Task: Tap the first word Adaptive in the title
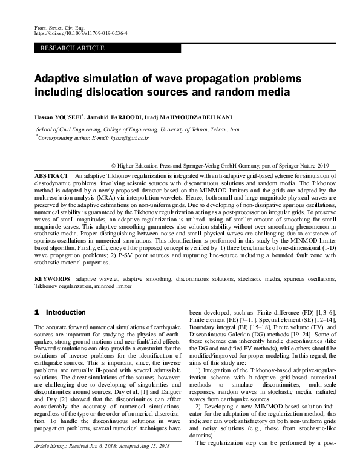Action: [59, 79]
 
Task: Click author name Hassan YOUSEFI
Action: [59, 116]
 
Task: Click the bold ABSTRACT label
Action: [51, 174]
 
